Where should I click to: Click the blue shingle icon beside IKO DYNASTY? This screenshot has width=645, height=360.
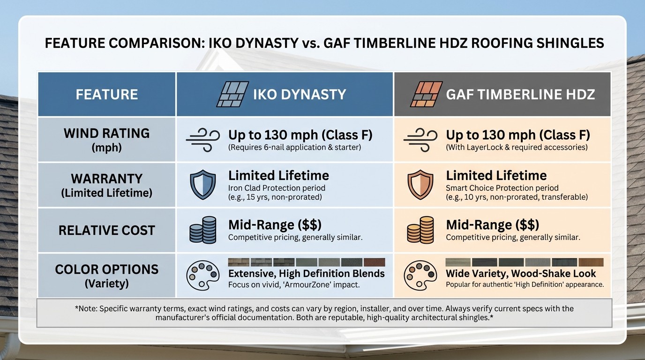pyautogui.click(x=232, y=94)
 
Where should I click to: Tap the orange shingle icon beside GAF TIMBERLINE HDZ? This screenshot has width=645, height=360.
pyautogui.click(x=426, y=94)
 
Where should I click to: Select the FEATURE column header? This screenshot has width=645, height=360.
pyautogui.click(x=107, y=94)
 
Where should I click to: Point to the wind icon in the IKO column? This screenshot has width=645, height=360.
pyautogui.click(x=202, y=139)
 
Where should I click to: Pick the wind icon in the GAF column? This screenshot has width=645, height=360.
pyautogui.click(x=420, y=139)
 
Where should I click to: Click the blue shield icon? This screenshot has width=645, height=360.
pyautogui.click(x=202, y=185)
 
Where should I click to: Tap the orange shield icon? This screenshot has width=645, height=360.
pyautogui.click(x=420, y=185)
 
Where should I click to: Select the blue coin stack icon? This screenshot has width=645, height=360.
pyautogui.click(x=202, y=230)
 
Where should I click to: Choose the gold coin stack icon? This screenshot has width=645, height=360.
pyautogui.click(x=420, y=230)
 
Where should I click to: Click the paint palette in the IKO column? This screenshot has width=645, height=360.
pyautogui.click(x=202, y=276)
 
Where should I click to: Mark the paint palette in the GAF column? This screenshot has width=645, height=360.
pyautogui.click(x=417, y=277)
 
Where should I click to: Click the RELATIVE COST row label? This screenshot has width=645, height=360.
pyautogui.click(x=107, y=230)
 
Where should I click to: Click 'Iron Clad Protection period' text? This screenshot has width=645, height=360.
pyautogui.click(x=277, y=188)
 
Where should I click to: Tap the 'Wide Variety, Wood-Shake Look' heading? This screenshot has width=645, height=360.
pyautogui.click(x=521, y=273)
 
